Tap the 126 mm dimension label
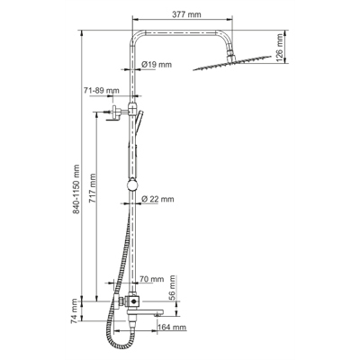pos(279,48)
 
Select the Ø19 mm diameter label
pos(157,64)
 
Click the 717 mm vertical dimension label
pos(93,188)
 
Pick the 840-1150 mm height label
pos(76,189)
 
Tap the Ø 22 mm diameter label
pos(157,199)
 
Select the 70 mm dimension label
pos(152,279)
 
